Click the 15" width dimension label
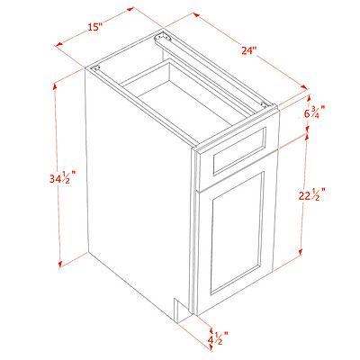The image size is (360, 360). (x=95, y=27)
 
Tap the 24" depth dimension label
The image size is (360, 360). (x=249, y=49)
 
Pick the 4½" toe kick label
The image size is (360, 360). (x=218, y=338)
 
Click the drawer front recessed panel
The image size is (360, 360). (x=239, y=151)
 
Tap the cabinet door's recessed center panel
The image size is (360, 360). (x=237, y=233)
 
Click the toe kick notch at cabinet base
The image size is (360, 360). (x=181, y=310)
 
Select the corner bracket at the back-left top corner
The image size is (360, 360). (x=96, y=67)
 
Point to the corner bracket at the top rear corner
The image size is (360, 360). (x=162, y=38)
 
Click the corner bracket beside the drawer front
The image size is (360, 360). (x=265, y=104)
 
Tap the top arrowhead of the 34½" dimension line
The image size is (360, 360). (x=55, y=86)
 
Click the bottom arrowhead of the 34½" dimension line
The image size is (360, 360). (x=60, y=264)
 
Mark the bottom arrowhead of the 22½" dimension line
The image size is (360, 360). (x=300, y=253)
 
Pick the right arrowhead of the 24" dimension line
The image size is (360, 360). (x=304, y=86)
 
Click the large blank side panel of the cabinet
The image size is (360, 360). (x=138, y=192)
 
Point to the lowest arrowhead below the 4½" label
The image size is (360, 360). (x=211, y=348)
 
